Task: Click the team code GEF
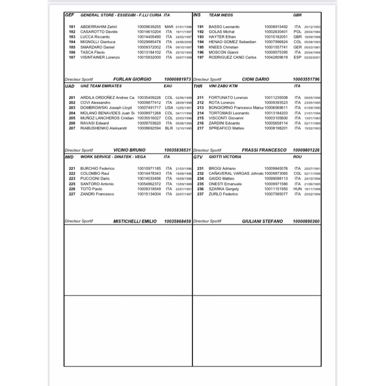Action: click(69, 15)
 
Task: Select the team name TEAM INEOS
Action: click(221, 15)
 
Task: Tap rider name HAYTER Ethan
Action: click(222, 37)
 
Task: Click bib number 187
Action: click(72, 57)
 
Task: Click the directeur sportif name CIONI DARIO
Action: click(256, 79)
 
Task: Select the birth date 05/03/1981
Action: click(312, 47)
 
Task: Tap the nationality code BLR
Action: click(168, 128)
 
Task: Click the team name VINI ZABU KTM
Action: click(223, 86)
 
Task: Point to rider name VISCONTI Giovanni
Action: click(226, 118)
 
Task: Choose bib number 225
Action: click(72, 184)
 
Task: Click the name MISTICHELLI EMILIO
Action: click(135, 221)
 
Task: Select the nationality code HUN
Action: click(298, 189)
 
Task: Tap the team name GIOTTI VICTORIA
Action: click(225, 156)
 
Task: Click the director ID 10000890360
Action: click(306, 221)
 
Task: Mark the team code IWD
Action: click(69, 156)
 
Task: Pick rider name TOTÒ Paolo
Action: click(91, 189)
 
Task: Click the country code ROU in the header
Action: click(297, 156)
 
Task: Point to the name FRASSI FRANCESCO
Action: click(264, 150)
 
